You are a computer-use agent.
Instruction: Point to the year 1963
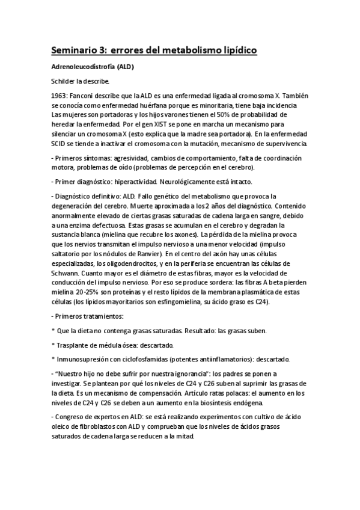click(x=59, y=94)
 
